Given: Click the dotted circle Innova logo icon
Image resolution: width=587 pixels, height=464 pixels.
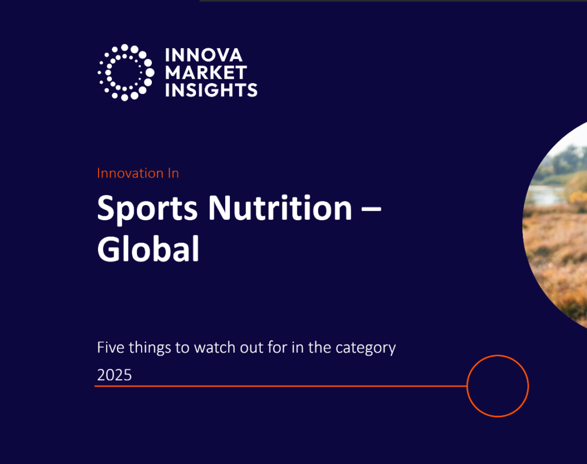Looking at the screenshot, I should coord(126,72).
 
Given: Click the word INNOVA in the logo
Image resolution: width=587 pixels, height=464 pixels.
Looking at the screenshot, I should coord(204,56).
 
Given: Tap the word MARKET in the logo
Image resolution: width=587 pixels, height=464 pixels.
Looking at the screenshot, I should coord(206,73).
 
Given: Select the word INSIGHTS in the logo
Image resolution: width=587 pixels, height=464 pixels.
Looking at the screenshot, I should coord(211,90).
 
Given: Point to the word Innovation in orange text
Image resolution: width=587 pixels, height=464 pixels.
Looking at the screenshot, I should coord(130,173).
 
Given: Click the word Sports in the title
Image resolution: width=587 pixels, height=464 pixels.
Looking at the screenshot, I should coord(148,209).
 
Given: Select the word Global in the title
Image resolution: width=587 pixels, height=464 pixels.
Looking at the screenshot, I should coord(148,249).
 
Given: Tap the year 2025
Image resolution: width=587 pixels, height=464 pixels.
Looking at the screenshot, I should coord(115,375).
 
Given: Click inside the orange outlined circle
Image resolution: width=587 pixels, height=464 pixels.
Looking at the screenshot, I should coord(497,386).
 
